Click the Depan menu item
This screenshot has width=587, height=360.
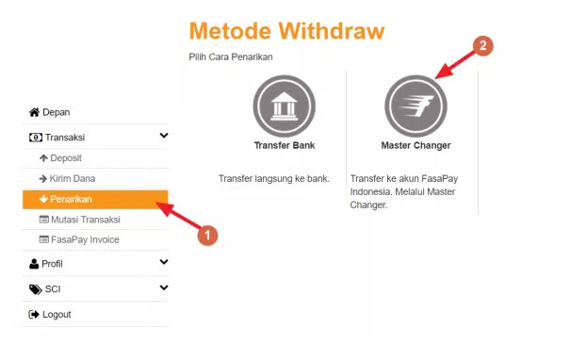pyautogui.click(x=49, y=112)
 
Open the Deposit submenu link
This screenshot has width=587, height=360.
pyautogui.click(x=60, y=158)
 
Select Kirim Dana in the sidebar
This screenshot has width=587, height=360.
pyautogui.click(x=67, y=179)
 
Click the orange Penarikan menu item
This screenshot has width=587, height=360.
pyautogui.click(x=95, y=199)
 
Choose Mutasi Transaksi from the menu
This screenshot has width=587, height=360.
pyautogui.click(x=79, y=220)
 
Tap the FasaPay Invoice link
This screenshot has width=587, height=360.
pyautogui.click(x=79, y=239)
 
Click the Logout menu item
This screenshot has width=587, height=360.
pyautogui.click(x=50, y=315)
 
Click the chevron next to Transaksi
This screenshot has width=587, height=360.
pyautogui.click(x=164, y=136)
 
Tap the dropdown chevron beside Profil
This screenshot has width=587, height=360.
pyautogui.click(x=164, y=262)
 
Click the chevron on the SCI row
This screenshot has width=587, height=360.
pyautogui.click(x=164, y=287)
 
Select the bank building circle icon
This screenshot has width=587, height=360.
pyautogui.click(x=285, y=106)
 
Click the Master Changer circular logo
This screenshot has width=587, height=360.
pyautogui.click(x=416, y=106)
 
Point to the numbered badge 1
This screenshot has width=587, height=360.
pyautogui.click(x=207, y=236)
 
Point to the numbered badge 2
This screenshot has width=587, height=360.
pyautogui.click(x=483, y=45)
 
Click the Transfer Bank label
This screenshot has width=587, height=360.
pyautogui.click(x=285, y=145)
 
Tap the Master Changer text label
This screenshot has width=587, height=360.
pyautogui.click(x=416, y=145)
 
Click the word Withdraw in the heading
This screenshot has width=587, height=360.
pyautogui.click(x=332, y=31)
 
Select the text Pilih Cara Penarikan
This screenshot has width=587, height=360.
pyautogui.click(x=231, y=57)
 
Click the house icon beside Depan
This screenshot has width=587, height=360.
pyautogui.click(x=34, y=112)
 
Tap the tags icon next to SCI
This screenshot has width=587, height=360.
pyautogui.click(x=35, y=289)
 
